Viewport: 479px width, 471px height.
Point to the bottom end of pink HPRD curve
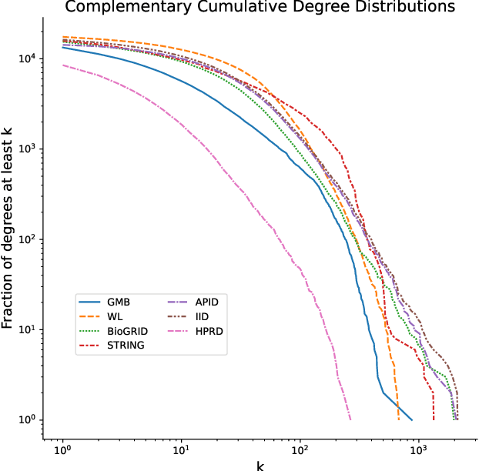coord(350,419)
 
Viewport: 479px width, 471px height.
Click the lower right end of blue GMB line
coord(412,419)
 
